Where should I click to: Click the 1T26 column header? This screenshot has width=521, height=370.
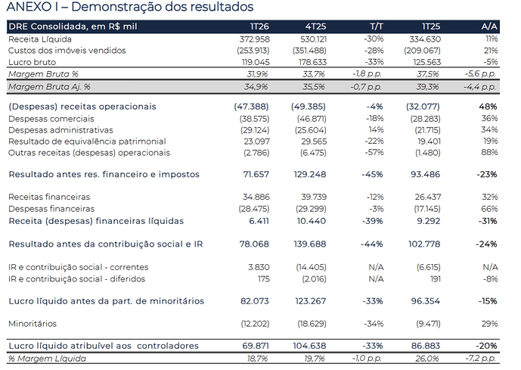[x=259, y=26]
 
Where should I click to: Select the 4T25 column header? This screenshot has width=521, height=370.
[x=315, y=26]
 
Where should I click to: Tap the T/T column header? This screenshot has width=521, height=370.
[x=377, y=26]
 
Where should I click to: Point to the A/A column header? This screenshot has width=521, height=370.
[x=489, y=26]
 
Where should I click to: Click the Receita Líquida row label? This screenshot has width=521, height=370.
[x=40, y=39]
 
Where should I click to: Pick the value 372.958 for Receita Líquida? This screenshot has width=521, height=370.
[x=255, y=39]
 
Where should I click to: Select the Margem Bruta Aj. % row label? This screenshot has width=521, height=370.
[x=49, y=87]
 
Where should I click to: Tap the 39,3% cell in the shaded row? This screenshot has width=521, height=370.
[x=427, y=87]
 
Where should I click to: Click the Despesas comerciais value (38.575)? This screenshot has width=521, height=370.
[x=254, y=119]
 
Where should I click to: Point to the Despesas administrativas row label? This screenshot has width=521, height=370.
[x=60, y=130]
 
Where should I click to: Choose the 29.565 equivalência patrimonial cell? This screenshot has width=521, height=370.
[x=314, y=141]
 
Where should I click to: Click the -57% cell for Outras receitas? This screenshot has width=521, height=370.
[x=374, y=152]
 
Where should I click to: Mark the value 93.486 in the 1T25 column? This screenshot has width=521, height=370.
[x=425, y=174]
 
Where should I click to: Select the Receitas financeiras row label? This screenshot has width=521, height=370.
[x=49, y=197]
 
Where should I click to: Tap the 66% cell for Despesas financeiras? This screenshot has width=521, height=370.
[x=490, y=209]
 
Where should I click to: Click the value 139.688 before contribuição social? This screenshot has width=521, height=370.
[x=310, y=244]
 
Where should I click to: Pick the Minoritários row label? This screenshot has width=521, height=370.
[x=33, y=323]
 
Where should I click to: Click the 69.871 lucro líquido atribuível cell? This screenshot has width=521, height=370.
[x=256, y=346]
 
